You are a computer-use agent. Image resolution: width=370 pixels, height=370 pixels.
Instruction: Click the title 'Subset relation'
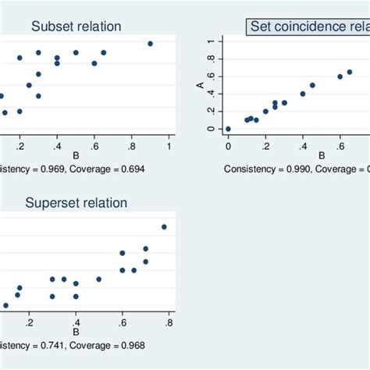76,27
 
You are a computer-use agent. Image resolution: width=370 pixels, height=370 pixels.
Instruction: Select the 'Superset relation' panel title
76,203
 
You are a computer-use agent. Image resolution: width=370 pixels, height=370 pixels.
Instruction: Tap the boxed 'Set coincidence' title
308,27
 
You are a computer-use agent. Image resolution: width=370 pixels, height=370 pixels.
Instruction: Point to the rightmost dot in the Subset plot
151,44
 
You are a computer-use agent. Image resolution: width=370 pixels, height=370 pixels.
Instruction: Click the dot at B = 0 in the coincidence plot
228,129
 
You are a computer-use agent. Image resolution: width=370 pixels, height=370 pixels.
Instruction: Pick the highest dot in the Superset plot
164,227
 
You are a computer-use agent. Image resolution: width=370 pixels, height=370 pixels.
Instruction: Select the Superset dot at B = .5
98,279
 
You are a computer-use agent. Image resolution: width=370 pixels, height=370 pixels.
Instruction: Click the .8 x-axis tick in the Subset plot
132,146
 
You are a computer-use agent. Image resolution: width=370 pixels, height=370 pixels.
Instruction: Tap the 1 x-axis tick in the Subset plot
169,146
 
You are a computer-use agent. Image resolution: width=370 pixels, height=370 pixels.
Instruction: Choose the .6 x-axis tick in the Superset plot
123,322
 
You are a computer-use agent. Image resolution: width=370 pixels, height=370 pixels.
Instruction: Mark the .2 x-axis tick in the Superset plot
29,322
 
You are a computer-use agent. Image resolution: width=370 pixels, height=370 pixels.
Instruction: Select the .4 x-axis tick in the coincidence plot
303,146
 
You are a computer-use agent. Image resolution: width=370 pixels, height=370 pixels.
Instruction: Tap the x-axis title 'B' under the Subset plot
76,155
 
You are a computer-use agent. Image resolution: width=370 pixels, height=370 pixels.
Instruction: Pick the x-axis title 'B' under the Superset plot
76,331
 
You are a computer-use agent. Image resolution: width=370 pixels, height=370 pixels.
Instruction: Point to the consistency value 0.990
294,169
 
